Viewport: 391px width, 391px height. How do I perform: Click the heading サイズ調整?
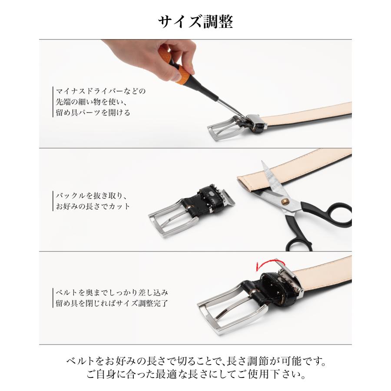196,22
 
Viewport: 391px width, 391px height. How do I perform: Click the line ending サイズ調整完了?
112,303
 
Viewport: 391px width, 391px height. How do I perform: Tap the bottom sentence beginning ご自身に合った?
196,375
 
